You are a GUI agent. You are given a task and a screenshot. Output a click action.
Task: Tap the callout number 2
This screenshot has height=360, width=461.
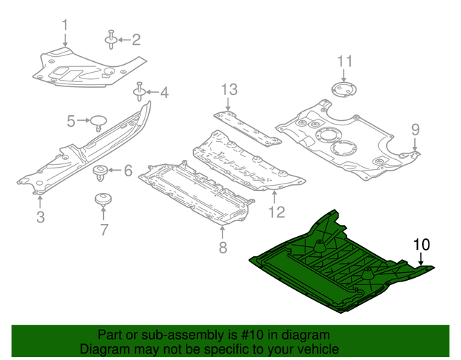point(135,40)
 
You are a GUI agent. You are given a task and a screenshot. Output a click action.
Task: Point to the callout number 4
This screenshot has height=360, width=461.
point(164,92)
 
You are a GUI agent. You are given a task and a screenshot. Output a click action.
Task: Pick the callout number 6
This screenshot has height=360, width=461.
point(128,171)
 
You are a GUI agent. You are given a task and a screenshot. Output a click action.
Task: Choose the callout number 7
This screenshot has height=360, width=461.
point(104,230)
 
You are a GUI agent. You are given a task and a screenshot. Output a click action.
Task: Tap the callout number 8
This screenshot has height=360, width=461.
point(223,248)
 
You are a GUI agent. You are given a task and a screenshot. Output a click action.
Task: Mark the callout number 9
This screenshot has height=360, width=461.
point(415,130)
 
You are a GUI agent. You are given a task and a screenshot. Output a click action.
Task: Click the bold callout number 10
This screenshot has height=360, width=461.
point(421,243)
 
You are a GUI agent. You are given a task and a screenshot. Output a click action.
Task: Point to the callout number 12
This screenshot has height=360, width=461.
point(277,212)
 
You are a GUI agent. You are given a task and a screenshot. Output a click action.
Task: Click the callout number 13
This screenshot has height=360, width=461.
point(228,90)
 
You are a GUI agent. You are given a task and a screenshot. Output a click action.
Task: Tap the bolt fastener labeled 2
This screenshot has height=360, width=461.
point(112,40)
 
